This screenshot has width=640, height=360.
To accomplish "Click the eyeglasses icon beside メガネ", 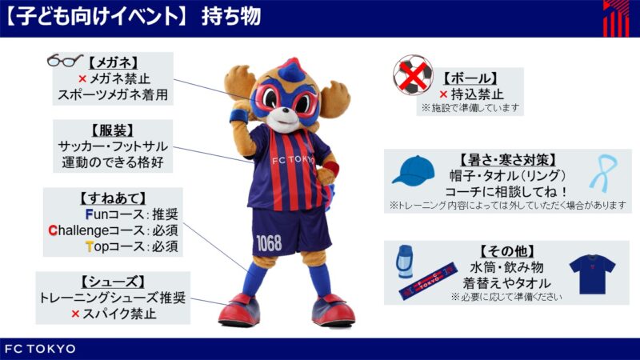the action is click(65, 61).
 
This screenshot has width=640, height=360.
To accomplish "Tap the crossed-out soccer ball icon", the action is click(413, 75).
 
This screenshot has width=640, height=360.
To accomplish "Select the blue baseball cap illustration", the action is click(414, 170).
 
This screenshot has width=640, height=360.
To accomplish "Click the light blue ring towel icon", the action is click(603, 173).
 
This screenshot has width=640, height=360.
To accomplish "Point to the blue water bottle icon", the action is click(404, 262).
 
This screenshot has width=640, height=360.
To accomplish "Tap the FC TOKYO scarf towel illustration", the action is click(428, 282).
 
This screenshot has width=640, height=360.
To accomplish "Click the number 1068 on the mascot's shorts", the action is click(269, 243).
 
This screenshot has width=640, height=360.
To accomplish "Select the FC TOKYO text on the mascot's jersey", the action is click(294, 159).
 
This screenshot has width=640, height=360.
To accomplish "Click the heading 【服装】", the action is click(113, 130).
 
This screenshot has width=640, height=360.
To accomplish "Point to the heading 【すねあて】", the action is click(113, 198).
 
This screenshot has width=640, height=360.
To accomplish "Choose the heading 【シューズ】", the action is click(113, 282).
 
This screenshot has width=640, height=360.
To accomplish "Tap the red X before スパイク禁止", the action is click(75, 314).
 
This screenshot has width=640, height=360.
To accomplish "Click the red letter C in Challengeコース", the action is click(52, 230).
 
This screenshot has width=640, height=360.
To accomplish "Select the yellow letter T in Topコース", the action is click(90, 246).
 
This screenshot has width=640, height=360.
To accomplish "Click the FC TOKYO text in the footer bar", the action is click(40, 349).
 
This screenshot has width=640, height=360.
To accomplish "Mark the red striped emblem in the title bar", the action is click(616, 18).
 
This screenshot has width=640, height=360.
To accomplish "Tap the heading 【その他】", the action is click(506, 251).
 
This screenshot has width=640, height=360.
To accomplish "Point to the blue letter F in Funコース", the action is click(89, 214).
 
